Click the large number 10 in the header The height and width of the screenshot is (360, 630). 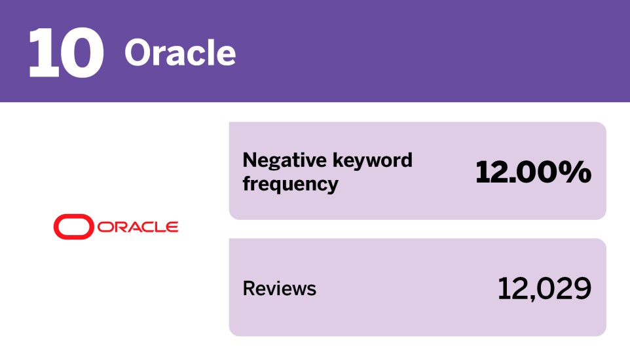click(x=65, y=52)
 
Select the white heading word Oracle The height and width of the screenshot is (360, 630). click(x=180, y=52)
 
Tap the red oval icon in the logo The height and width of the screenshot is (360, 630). click(x=74, y=227)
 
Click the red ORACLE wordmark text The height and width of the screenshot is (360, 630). click(x=138, y=227)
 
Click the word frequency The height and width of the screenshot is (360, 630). click(x=290, y=184)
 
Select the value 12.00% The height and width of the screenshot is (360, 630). click(x=533, y=172)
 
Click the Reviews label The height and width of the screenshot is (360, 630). click(x=279, y=289)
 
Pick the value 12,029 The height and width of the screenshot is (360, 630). click(x=544, y=289)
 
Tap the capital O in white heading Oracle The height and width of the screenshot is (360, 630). click(x=138, y=52)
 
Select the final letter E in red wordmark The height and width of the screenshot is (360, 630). click(x=172, y=227)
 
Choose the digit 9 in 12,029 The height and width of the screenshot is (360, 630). click(x=581, y=289)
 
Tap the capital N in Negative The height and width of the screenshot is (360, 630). click(x=250, y=160)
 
